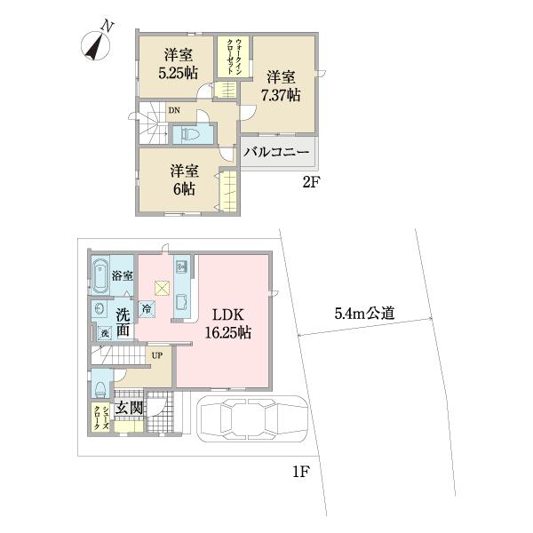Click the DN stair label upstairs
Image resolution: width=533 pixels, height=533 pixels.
[x=174, y=111]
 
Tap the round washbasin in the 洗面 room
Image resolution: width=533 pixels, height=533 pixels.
[x=97, y=310]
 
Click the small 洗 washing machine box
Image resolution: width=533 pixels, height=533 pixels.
[x=104, y=332]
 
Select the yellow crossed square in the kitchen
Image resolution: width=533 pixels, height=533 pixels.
[x=163, y=287]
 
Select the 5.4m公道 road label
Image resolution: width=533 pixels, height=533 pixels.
[x=364, y=313]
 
